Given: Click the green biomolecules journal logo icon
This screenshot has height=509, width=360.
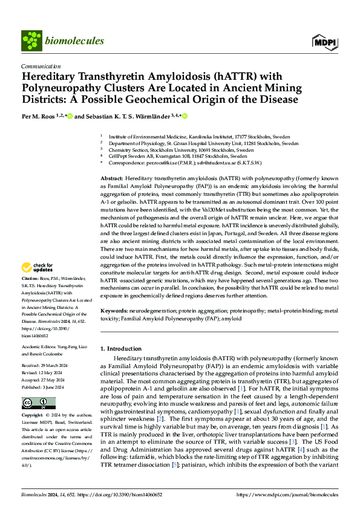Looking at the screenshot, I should (x=31, y=41).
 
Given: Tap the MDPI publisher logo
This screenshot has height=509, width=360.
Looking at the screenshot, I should (x=324, y=41).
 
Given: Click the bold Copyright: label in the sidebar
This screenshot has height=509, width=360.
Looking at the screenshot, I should (x=33, y=416).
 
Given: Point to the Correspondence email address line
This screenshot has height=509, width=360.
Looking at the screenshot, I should (x=188, y=163).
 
